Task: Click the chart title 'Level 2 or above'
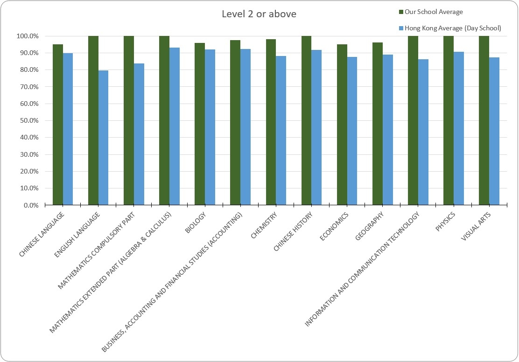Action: [259, 14]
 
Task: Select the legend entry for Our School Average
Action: [431, 12]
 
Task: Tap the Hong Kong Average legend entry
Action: [450, 28]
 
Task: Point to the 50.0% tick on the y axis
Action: [28, 120]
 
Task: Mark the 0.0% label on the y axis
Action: [31, 205]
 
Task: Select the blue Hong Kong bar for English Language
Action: [103, 138]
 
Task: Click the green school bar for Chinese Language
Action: [58, 125]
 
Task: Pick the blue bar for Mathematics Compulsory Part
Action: [139, 134]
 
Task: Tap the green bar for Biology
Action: [200, 124]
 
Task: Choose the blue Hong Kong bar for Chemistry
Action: [281, 131]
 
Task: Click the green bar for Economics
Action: [342, 125]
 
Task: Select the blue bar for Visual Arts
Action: [494, 132]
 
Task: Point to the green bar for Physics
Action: [449, 120]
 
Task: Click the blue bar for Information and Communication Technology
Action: [423, 132]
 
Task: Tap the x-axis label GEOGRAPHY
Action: [369, 226]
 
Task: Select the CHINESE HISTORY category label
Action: [293, 231]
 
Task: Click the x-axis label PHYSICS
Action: [445, 222]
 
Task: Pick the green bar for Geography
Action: [378, 124]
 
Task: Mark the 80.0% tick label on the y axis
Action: [28, 70]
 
